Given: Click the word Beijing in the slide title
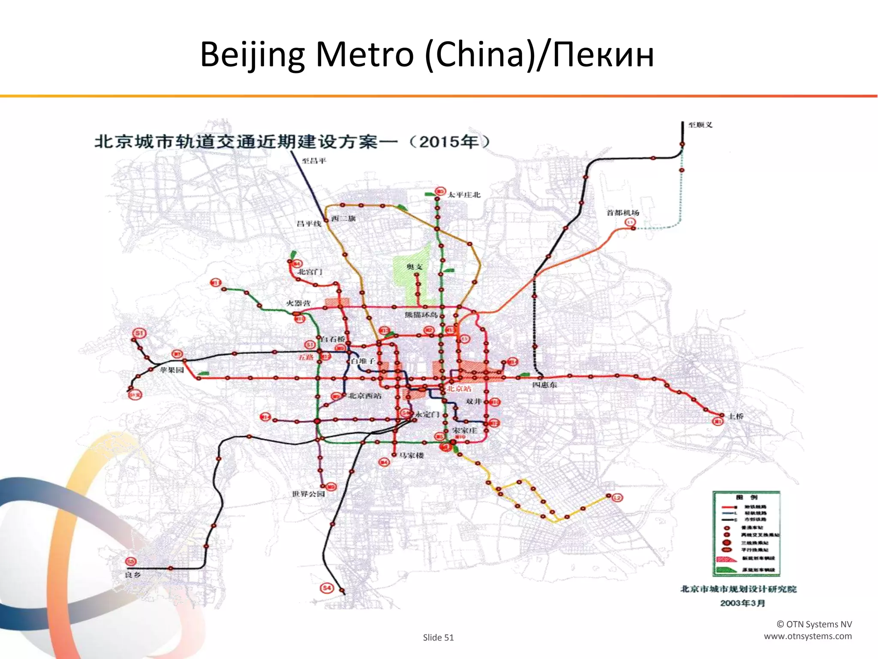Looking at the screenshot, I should (252, 55).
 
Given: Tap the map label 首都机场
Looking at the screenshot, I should (622, 213).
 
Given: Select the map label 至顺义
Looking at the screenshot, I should (700, 125).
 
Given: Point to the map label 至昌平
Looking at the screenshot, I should (314, 161).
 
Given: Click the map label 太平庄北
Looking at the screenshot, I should (464, 195).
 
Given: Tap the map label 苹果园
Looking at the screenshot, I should (171, 370).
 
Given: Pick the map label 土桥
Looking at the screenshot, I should (736, 416).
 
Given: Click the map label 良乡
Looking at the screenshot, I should (132, 575).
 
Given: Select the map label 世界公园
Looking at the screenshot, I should (308, 494).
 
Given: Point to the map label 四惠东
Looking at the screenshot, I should (544, 385).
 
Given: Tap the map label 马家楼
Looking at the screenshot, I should (412, 455).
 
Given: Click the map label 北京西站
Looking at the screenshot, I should (364, 396).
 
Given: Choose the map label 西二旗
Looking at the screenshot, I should (343, 218).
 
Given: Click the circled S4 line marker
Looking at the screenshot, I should (327, 588).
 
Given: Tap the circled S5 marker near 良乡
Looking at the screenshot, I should (130, 562).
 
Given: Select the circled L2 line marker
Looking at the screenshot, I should (617, 498).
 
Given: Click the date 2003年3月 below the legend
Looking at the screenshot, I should (743, 603).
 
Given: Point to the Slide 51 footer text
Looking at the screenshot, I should (438, 638).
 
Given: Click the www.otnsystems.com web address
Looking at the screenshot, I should (808, 636).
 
